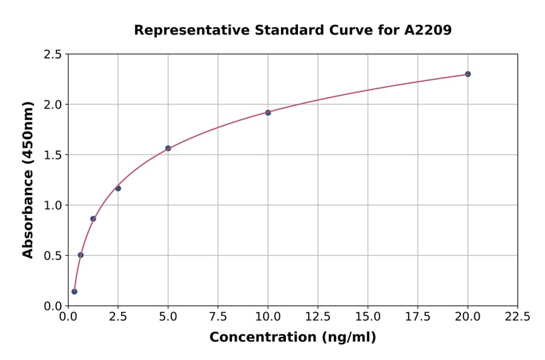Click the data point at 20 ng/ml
pos(467,74)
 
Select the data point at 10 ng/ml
pos(268,113)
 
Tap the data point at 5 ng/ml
pos(168,148)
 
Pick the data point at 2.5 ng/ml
pos(118,188)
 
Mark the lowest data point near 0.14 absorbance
pos(74,292)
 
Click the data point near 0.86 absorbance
pos(93,219)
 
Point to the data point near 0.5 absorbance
pos(81,255)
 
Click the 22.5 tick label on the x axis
pos(517,317)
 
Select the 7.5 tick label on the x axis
pos(218,317)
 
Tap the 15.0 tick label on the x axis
pos(368,317)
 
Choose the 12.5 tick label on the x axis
pos(318,317)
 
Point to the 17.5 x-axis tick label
pos(417,317)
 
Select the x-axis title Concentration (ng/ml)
pos(292,338)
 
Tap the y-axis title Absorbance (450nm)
pos(28,179)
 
